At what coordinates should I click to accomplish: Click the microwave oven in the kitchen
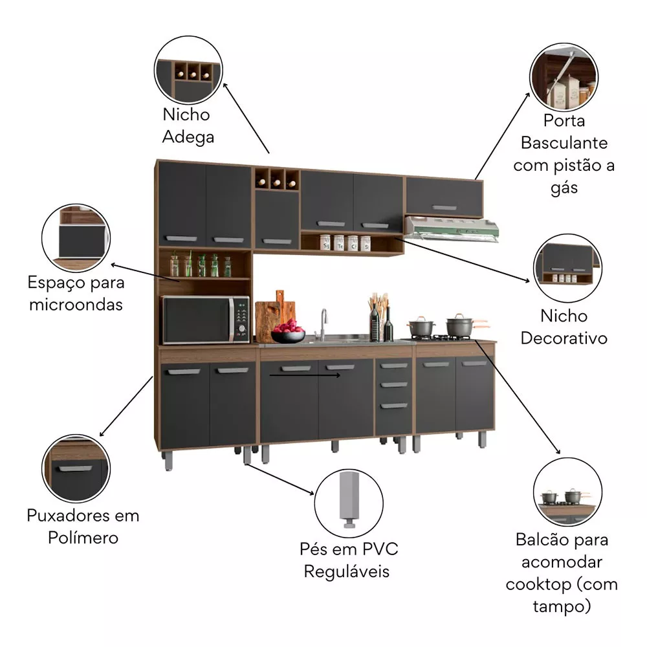[204, 320]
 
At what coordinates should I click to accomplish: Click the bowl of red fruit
[288, 333]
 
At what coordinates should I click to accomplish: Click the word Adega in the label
[188, 137]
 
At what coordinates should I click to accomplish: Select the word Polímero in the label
[83, 538]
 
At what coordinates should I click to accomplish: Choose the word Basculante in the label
[564, 143]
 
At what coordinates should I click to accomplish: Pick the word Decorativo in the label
[564, 338]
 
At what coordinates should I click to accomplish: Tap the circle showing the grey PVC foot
[349, 501]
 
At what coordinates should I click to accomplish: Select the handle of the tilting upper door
[444, 208]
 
